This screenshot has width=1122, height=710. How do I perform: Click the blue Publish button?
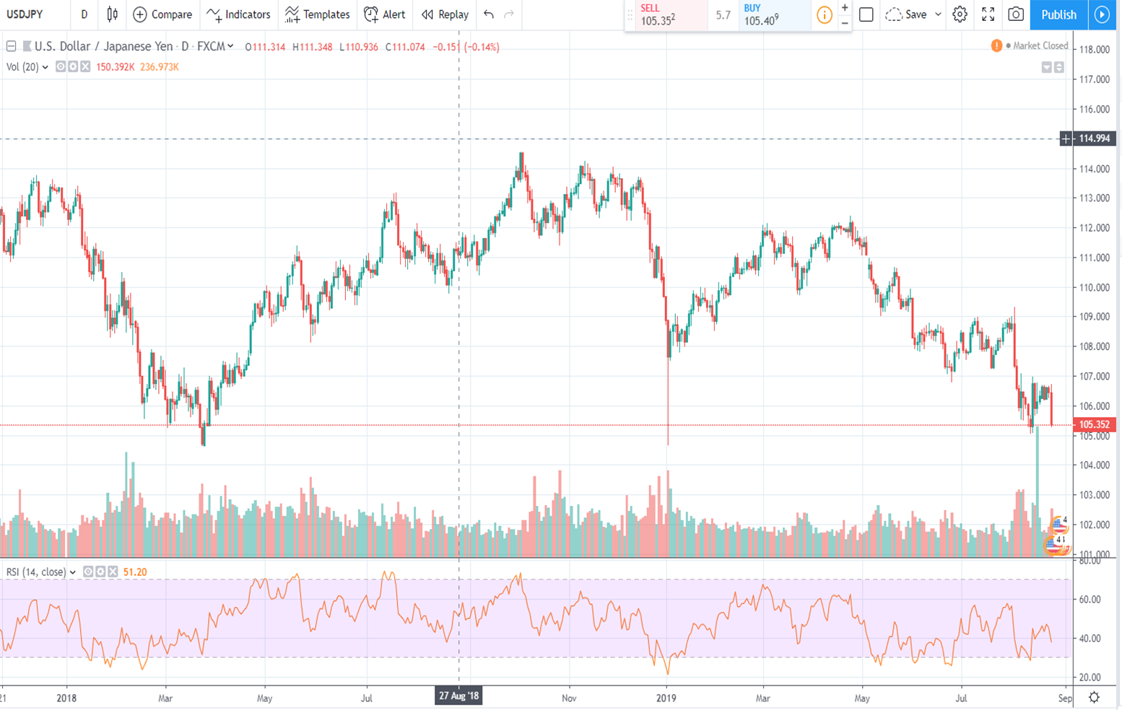(1058, 14)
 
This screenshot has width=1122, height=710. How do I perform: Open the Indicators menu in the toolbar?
(238, 14)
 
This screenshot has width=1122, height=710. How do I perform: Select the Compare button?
(162, 14)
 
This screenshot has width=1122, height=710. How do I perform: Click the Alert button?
(385, 14)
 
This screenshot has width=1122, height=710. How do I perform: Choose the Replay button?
(445, 14)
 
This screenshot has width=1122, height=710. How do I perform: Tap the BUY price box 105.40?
(771, 15)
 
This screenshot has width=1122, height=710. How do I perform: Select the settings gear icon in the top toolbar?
(960, 14)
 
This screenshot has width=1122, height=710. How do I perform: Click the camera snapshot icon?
(1015, 14)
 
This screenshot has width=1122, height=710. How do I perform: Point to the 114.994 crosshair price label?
(1094, 139)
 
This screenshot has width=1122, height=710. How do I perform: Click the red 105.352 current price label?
(1094, 425)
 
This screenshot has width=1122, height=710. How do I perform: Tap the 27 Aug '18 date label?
(459, 696)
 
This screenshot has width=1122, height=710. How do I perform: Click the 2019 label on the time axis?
(666, 698)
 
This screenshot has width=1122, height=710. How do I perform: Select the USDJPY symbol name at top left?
(25, 14)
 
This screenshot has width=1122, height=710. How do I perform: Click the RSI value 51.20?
(135, 572)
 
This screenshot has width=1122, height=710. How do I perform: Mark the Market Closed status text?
(1040, 45)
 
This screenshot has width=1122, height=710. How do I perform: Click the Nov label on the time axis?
(569, 698)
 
